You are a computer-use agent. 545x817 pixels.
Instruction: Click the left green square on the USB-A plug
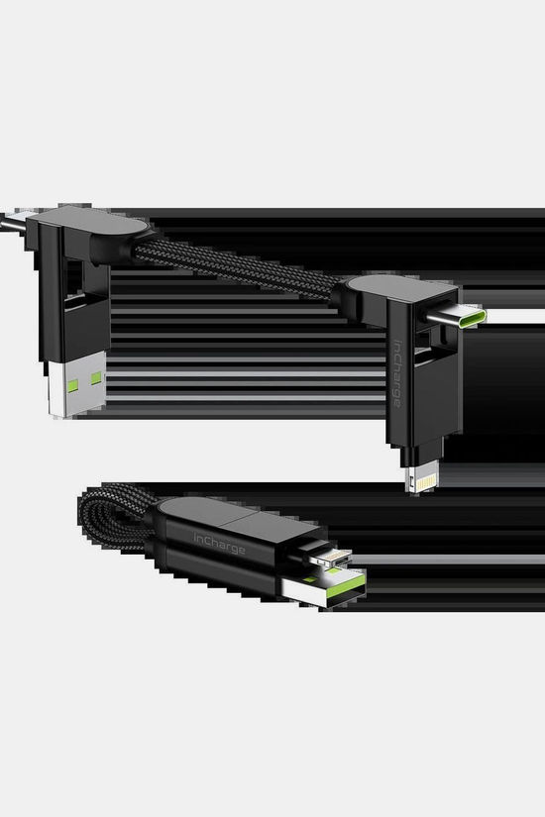(x=72, y=385)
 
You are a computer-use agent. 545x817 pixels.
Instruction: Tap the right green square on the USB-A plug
(x=96, y=378)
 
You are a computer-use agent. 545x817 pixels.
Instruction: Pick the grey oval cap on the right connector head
(x=393, y=288)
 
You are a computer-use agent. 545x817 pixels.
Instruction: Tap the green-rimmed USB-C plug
(x=458, y=315)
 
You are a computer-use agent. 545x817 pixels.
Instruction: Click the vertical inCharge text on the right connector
(x=397, y=373)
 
